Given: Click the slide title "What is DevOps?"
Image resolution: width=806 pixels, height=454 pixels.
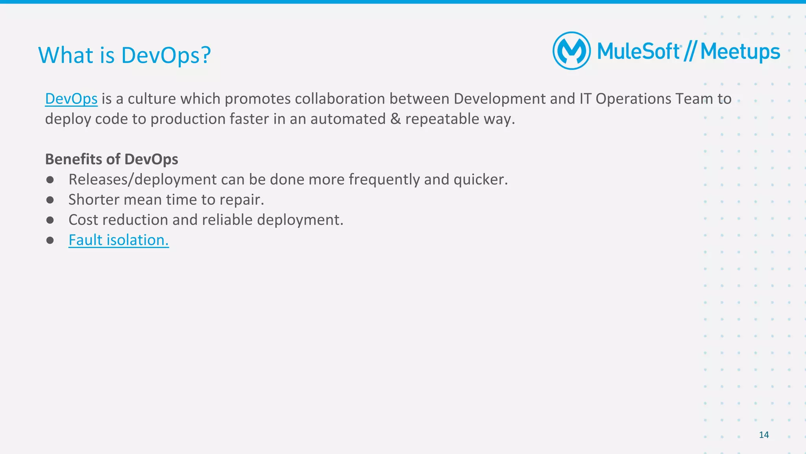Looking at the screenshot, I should coord(124,55).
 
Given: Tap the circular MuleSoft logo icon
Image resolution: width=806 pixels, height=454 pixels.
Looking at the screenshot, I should coord(571,51).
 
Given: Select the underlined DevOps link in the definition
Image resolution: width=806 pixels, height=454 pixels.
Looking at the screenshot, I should coord(71,99).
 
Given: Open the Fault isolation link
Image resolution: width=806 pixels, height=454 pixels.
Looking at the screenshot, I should coord(118,240).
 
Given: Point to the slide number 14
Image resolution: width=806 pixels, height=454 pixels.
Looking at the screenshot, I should coord(763,435).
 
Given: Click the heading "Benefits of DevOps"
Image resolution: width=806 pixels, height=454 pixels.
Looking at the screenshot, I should coord(111,159).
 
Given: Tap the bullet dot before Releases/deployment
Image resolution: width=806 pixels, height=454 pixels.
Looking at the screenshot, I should coord(50,180).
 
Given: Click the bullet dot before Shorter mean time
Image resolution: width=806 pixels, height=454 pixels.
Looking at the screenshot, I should coord(50,200).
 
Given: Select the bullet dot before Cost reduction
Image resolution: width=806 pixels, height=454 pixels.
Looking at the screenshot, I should coord(50,220).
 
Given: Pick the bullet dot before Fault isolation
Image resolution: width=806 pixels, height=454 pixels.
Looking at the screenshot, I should coord(50,240).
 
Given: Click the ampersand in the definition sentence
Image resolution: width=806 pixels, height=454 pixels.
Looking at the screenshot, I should coord(395,119).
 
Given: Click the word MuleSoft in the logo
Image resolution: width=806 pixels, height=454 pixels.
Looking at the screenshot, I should coord(638,52).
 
